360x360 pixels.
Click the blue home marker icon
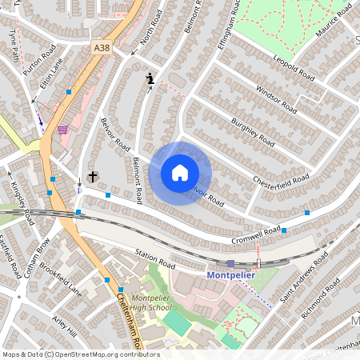(x=179, y=173)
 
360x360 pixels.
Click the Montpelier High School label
(x=150, y=302)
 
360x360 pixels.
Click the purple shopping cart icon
(x=62, y=129)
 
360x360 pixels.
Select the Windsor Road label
(x=276, y=98)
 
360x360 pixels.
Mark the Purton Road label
(x=39, y=61)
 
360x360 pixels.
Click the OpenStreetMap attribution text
(x=80, y=354)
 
